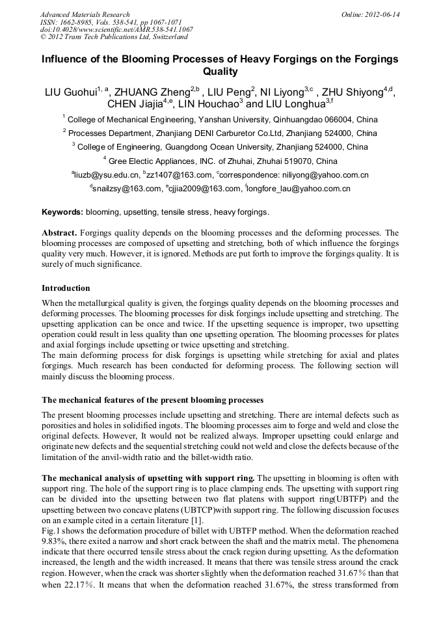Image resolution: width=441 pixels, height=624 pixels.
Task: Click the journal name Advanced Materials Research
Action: [85, 14]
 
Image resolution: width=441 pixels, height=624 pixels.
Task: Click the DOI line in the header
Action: [116, 30]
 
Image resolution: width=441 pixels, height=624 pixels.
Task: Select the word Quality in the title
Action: [220, 72]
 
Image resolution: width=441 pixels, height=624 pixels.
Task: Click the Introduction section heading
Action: [66, 288]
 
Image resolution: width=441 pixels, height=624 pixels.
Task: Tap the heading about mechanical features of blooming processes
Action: [153, 400]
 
